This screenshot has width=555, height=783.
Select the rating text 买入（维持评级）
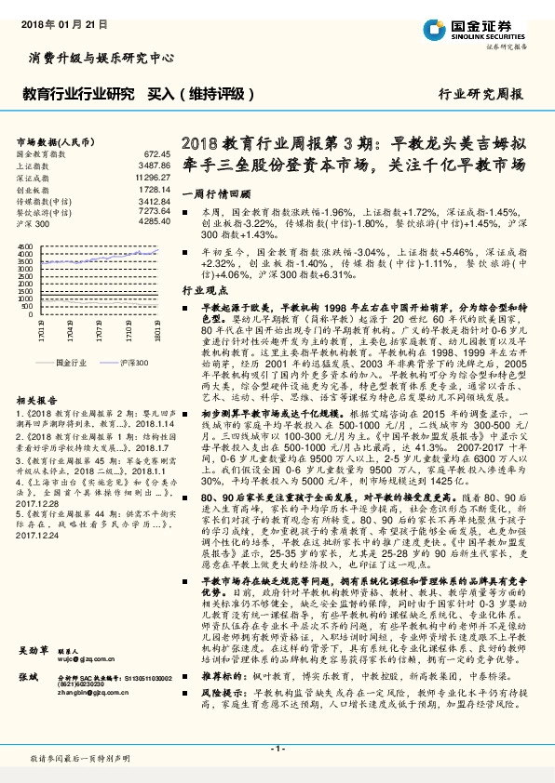pos(199,95)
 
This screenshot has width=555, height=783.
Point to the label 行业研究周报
pos(481,95)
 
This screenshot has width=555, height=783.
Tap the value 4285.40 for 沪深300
pos(154,223)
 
